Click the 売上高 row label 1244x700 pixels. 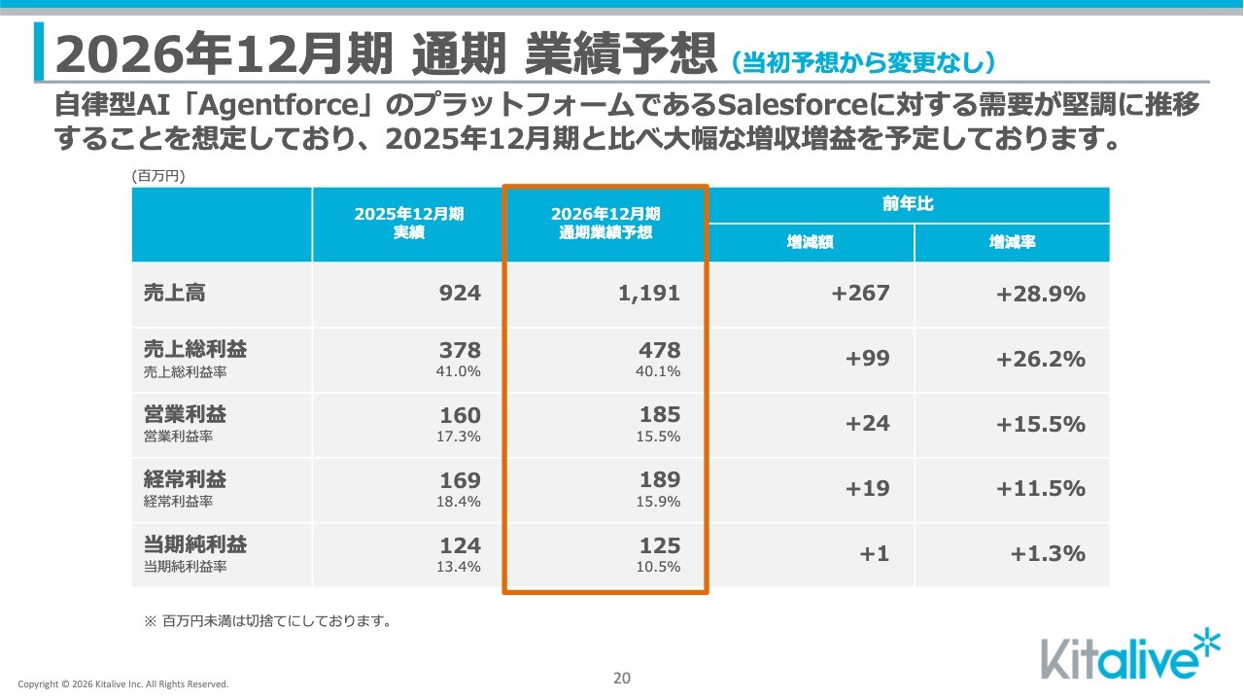pyautogui.click(x=174, y=293)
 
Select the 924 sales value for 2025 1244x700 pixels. pyautogui.click(x=460, y=293)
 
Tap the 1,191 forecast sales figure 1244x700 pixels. pyautogui.click(x=649, y=294)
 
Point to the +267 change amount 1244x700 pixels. pyautogui.click(x=860, y=293)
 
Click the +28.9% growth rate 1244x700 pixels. pyautogui.click(x=1041, y=294)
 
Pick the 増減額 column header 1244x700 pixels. pyautogui.click(x=810, y=242)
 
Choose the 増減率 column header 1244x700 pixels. pyautogui.click(x=1012, y=242)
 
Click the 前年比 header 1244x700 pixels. pyautogui.click(x=908, y=204)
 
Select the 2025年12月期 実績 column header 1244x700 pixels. pyautogui.click(x=409, y=223)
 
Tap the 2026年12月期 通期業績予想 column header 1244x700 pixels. pyautogui.click(x=605, y=223)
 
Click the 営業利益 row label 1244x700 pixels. pyautogui.click(x=185, y=414)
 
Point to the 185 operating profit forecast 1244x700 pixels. pyautogui.click(x=660, y=414)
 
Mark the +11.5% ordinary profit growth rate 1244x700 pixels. pyautogui.click(x=1041, y=489)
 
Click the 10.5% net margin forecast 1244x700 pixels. pyautogui.click(x=658, y=567)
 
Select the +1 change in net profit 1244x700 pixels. pyautogui.click(x=874, y=554)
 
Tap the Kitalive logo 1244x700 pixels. pyautogui.click(x=1130, y=654)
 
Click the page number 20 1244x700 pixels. pyautogui.click(x=622, y=679)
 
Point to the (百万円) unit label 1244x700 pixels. pyautogui.click(x=158, y=176)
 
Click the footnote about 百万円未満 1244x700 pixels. pyautogui.click(x=267, y=621)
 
